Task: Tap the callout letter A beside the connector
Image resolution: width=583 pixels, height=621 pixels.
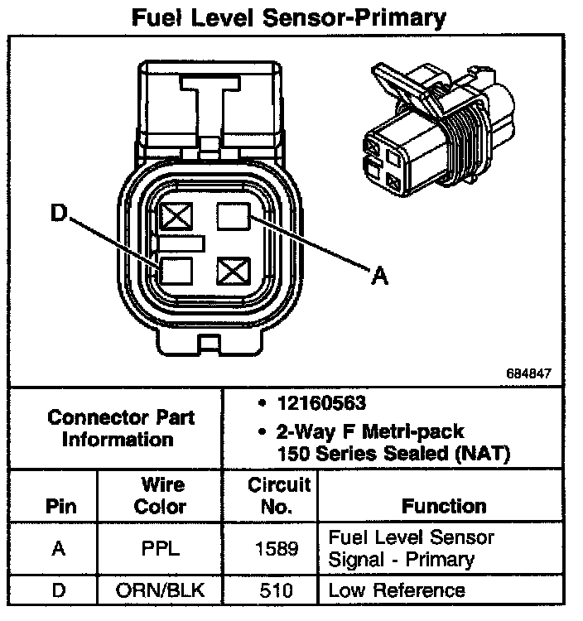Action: [378, 277]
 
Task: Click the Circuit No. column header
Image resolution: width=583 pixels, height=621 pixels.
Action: [269, 495]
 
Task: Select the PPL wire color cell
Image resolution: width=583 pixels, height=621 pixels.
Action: [160, 548]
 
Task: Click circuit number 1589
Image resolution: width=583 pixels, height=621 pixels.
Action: [269, 548]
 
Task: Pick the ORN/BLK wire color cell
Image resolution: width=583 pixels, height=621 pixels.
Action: [160, 591]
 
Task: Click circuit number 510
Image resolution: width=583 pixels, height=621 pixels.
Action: [269, 591]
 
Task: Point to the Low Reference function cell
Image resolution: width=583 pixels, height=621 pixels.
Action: [397, 591]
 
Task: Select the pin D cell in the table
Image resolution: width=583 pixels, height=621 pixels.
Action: [59, 591]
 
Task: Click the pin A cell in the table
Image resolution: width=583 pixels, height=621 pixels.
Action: [59, 548]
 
